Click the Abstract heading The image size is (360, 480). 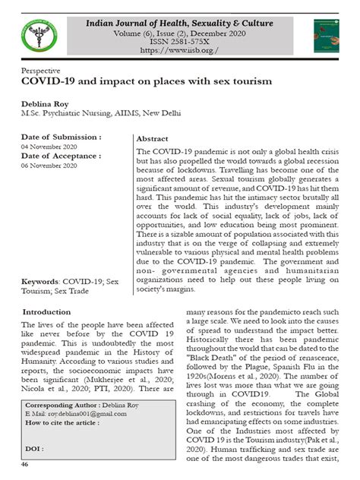tap(152, 141)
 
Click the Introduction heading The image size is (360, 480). tap(47, 313)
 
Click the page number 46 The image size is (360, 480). tap(25, 464)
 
